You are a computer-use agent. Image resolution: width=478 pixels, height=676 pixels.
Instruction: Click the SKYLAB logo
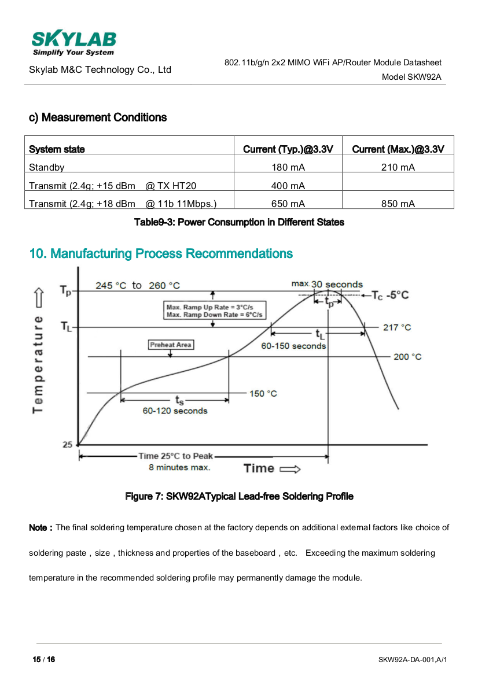coord(73,43)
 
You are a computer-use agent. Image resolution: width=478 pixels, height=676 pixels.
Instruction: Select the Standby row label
coord(47,168)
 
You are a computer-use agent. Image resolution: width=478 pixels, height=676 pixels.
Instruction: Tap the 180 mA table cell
coord(288,168)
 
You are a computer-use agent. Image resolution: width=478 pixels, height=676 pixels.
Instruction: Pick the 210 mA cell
coord(398,168)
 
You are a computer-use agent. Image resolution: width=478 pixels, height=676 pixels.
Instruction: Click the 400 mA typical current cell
coord(288,186)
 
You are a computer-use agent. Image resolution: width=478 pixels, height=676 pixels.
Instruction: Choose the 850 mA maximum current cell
coord(398,204)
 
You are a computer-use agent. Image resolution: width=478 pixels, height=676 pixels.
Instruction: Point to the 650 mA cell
coord(288,204)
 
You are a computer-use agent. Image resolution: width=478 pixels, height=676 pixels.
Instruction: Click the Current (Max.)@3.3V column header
coord(398,149)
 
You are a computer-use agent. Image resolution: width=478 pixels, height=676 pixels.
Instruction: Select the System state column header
coord(57,149)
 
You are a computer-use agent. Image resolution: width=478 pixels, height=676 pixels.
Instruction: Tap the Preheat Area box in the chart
coord(171,345)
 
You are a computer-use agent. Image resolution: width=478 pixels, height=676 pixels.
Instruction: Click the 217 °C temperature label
coord(397,327)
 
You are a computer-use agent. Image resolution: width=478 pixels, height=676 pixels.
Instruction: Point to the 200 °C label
coord(407,357)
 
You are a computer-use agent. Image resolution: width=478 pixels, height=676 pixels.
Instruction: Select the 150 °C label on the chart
coord(263,394)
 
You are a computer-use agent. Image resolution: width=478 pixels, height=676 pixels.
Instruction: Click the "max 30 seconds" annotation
coord(327,284)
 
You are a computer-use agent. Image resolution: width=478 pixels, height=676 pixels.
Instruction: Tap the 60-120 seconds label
coord(175,411)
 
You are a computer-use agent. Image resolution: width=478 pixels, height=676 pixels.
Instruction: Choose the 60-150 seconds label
coord(293,346)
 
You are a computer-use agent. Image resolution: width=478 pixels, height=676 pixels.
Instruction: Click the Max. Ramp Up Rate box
coord(215,311)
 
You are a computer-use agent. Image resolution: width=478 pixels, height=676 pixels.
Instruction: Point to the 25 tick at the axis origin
coord(68,444)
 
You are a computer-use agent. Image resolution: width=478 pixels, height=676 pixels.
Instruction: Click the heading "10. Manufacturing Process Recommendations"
coord(161,253)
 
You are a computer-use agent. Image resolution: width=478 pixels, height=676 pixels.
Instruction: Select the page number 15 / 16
coord(43,659)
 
